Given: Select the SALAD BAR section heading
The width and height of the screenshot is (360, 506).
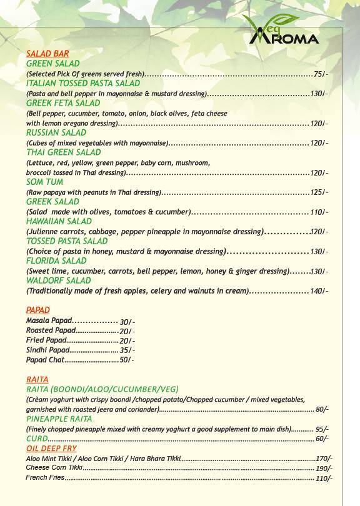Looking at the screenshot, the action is (47, 54).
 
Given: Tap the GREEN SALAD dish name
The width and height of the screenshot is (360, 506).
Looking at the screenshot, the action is (52, 64).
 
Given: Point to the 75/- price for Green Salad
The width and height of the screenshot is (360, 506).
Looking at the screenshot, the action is (321, 74).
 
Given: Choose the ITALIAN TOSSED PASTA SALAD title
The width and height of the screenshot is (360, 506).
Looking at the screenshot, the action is (83, 83).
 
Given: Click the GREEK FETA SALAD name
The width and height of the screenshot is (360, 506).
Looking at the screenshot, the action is (63, 103).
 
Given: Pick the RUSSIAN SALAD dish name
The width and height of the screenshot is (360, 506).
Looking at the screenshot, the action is (56, 133).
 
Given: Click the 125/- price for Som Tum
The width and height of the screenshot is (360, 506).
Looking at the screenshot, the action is (319, 192).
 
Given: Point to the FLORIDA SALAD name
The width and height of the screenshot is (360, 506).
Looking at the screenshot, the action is (56, 260).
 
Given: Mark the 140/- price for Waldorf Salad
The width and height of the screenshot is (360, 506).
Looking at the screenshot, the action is (319, 291).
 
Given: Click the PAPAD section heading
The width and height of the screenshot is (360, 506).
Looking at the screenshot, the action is (38, 310).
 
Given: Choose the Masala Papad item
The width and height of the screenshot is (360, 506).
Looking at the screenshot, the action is (49, 320).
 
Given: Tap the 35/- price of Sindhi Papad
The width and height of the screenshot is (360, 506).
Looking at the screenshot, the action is (127, 351).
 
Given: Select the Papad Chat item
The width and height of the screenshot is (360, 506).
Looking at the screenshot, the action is (45, 360).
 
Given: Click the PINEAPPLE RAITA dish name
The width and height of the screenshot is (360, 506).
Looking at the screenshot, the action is (59, 420).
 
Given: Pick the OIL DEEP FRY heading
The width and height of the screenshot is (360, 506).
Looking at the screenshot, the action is (51, 449).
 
